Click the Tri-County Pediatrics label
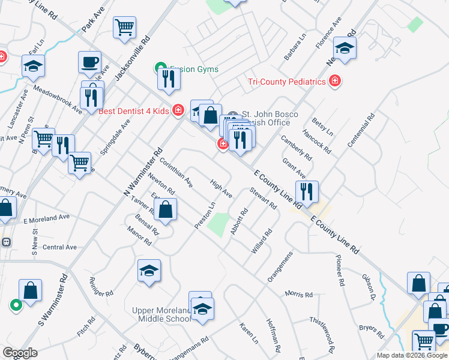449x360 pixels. pos(287,82)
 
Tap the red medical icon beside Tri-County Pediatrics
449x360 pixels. pos(335,81)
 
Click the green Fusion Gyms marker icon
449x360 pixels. pos(160,68)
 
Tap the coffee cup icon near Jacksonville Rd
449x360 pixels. pos(89,62)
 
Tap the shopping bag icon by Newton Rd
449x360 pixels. pos(165,210)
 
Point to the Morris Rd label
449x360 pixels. pos(299,295)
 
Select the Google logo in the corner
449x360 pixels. pos(20,352)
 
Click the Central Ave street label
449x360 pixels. pos(59,247)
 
